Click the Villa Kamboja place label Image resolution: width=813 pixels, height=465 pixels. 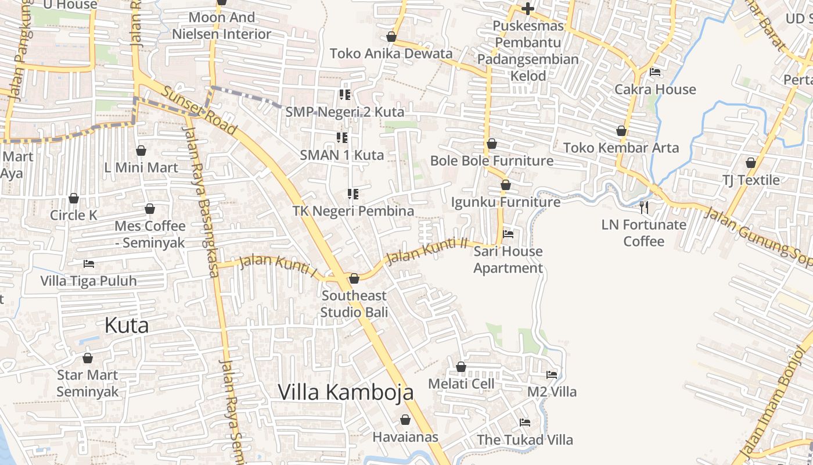pos(346,392)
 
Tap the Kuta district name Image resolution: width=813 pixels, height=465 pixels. pos(127,325)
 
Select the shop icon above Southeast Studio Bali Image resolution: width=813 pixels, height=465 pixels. pos(354,278)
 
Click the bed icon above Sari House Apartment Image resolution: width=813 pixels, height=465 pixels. pos(508,234)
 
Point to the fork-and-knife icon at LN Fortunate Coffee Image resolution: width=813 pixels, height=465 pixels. pos(643,207)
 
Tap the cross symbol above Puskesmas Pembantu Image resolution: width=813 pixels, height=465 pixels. pos(528,9)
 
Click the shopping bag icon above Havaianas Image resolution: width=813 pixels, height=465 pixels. pos(405,420)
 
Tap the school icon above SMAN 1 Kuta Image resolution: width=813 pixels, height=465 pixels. pos(342,138)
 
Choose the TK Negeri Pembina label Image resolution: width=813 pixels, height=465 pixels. pos(353,211)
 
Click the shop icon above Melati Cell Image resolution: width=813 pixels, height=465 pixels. pos(461,367)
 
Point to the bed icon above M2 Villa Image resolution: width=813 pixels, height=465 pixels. pos(552,375)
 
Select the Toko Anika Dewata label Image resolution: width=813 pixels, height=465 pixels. pos(391,53)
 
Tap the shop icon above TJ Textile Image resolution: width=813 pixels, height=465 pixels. pos(751,163)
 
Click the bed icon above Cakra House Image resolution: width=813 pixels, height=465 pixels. pos(655,72)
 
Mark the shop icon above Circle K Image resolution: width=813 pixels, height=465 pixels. pos(74,198)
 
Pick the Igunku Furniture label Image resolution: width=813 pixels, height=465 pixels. pos(506,202)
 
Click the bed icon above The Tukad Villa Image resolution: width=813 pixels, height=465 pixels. pos(525,423)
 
